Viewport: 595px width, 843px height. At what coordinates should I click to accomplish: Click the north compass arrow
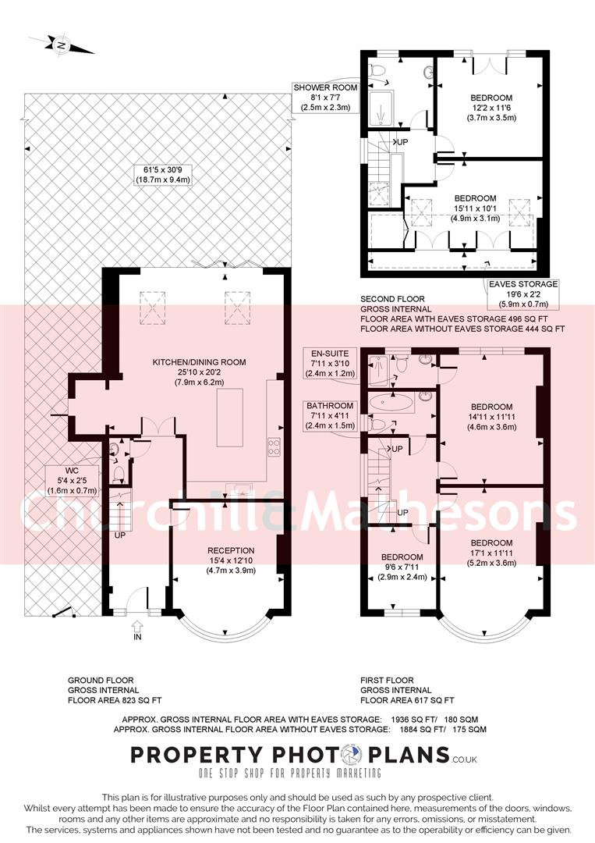point(61,44)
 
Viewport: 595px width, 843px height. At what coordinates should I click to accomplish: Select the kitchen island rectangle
point(230,413)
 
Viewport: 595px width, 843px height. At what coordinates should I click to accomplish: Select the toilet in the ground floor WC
point(119,473)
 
